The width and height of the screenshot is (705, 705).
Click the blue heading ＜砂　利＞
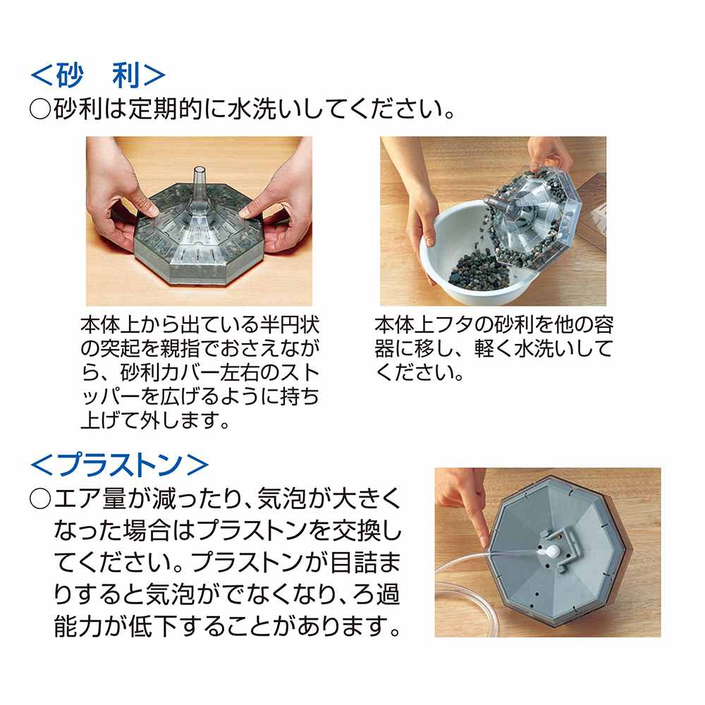[x=98, y=75]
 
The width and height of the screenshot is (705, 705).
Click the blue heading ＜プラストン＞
[x=119, y=465]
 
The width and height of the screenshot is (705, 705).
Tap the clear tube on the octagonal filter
[x=198, y=189]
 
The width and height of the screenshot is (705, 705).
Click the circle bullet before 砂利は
[x=40, y=109]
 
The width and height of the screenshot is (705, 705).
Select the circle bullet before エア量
[x=40, y=499]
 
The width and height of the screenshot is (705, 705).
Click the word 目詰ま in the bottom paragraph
[x=365, y=563]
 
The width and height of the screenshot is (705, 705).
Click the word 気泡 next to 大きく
[x=281, y=499]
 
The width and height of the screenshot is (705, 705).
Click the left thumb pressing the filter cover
[x=143, y=204]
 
